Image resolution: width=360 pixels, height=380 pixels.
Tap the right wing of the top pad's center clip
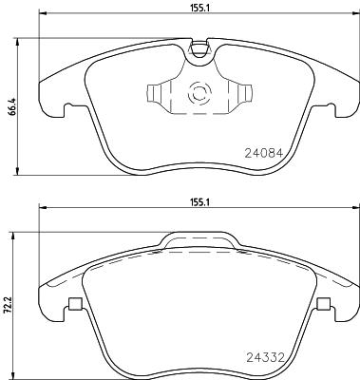[x=243, y=95]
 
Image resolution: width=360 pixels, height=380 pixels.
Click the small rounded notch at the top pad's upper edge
[x=199, y=48]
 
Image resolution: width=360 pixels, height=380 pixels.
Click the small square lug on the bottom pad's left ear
[x=72, y=306]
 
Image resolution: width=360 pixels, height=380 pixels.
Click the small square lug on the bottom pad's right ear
[x=324, y=306]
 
